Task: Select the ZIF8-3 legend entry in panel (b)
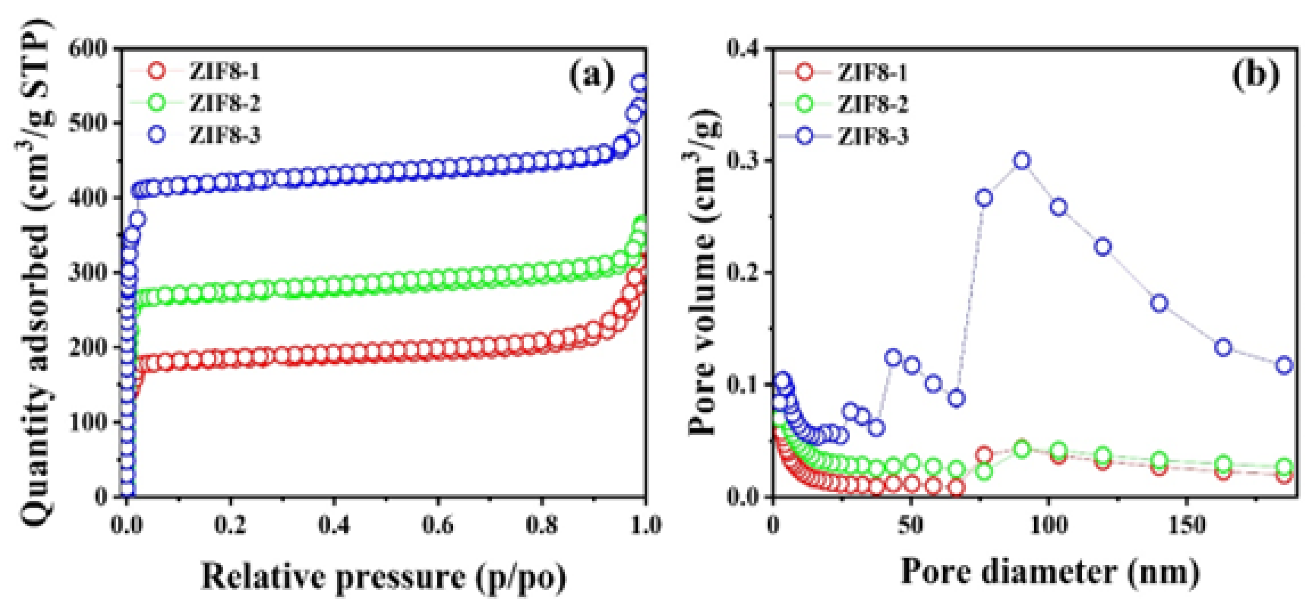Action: tap(873, 136)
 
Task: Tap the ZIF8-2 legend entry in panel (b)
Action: tap(873, 105)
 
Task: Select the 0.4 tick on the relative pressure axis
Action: tap(334, 525)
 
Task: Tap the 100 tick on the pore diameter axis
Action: tap(1048, 525)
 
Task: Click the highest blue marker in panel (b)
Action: tap(1022, 161)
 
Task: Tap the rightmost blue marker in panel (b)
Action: tap(1284, 365)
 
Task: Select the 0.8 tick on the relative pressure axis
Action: tap(542, 525)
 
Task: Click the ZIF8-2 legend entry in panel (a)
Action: tap(224, 103)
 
